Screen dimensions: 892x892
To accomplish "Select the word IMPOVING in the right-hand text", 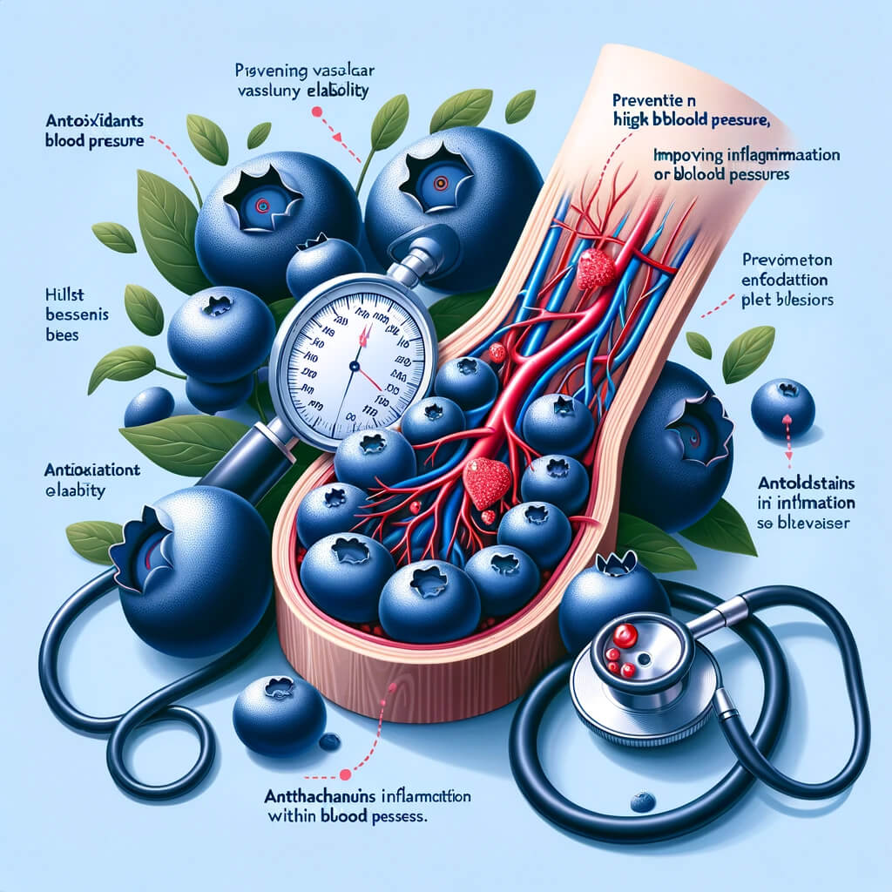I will click(687, 155).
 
